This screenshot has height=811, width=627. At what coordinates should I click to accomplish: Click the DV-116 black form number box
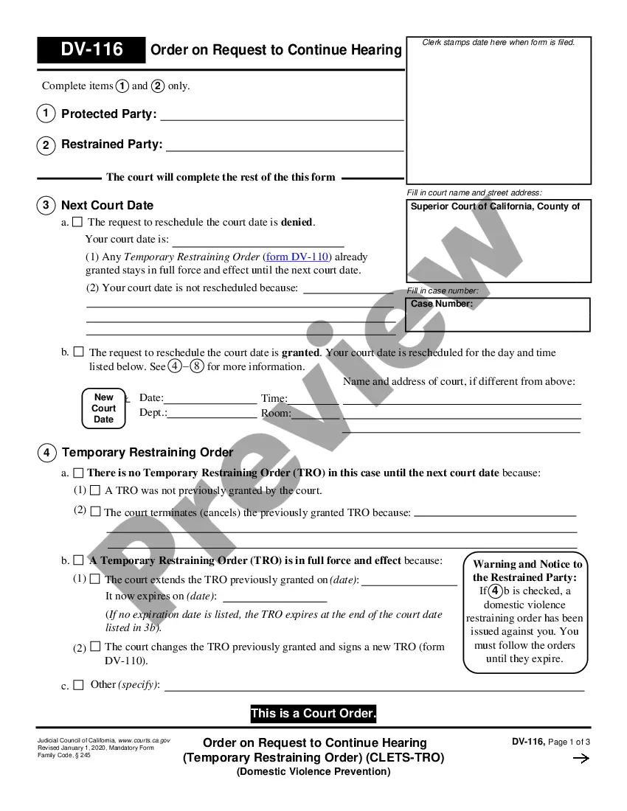[x=91, y=50]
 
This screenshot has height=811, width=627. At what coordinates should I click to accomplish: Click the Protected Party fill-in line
[x=282, y=116]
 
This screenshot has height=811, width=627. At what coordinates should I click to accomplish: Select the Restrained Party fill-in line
[x=285, y=147]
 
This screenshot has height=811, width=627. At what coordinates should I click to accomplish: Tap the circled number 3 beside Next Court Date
[x=46, y=206]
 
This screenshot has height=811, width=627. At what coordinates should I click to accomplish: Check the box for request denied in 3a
[x=77, y=222]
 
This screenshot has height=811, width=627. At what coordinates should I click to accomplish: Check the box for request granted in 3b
[x=78, y=352]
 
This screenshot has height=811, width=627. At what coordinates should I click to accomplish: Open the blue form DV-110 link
[x=298, y=257]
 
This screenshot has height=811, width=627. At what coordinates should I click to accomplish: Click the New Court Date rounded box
[x=103, y=408]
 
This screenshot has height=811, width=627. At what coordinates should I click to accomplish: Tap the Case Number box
[x=498, y=315]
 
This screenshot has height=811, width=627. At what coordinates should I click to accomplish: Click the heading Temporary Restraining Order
[x=148, y=452]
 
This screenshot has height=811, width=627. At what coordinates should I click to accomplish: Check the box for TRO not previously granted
[x=94, y=490]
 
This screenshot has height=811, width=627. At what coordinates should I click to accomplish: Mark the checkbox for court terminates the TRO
[x=95, y=512]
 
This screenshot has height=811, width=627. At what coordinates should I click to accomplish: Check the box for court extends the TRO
[x=94, y=579]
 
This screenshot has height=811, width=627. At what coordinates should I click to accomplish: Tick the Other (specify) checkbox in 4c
[x=78, y=685]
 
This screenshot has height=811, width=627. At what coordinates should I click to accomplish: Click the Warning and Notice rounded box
[x=525, y=612]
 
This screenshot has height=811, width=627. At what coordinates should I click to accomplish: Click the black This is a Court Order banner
[x=313, y=714]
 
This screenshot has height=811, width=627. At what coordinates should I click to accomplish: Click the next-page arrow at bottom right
[x=581, y=759]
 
